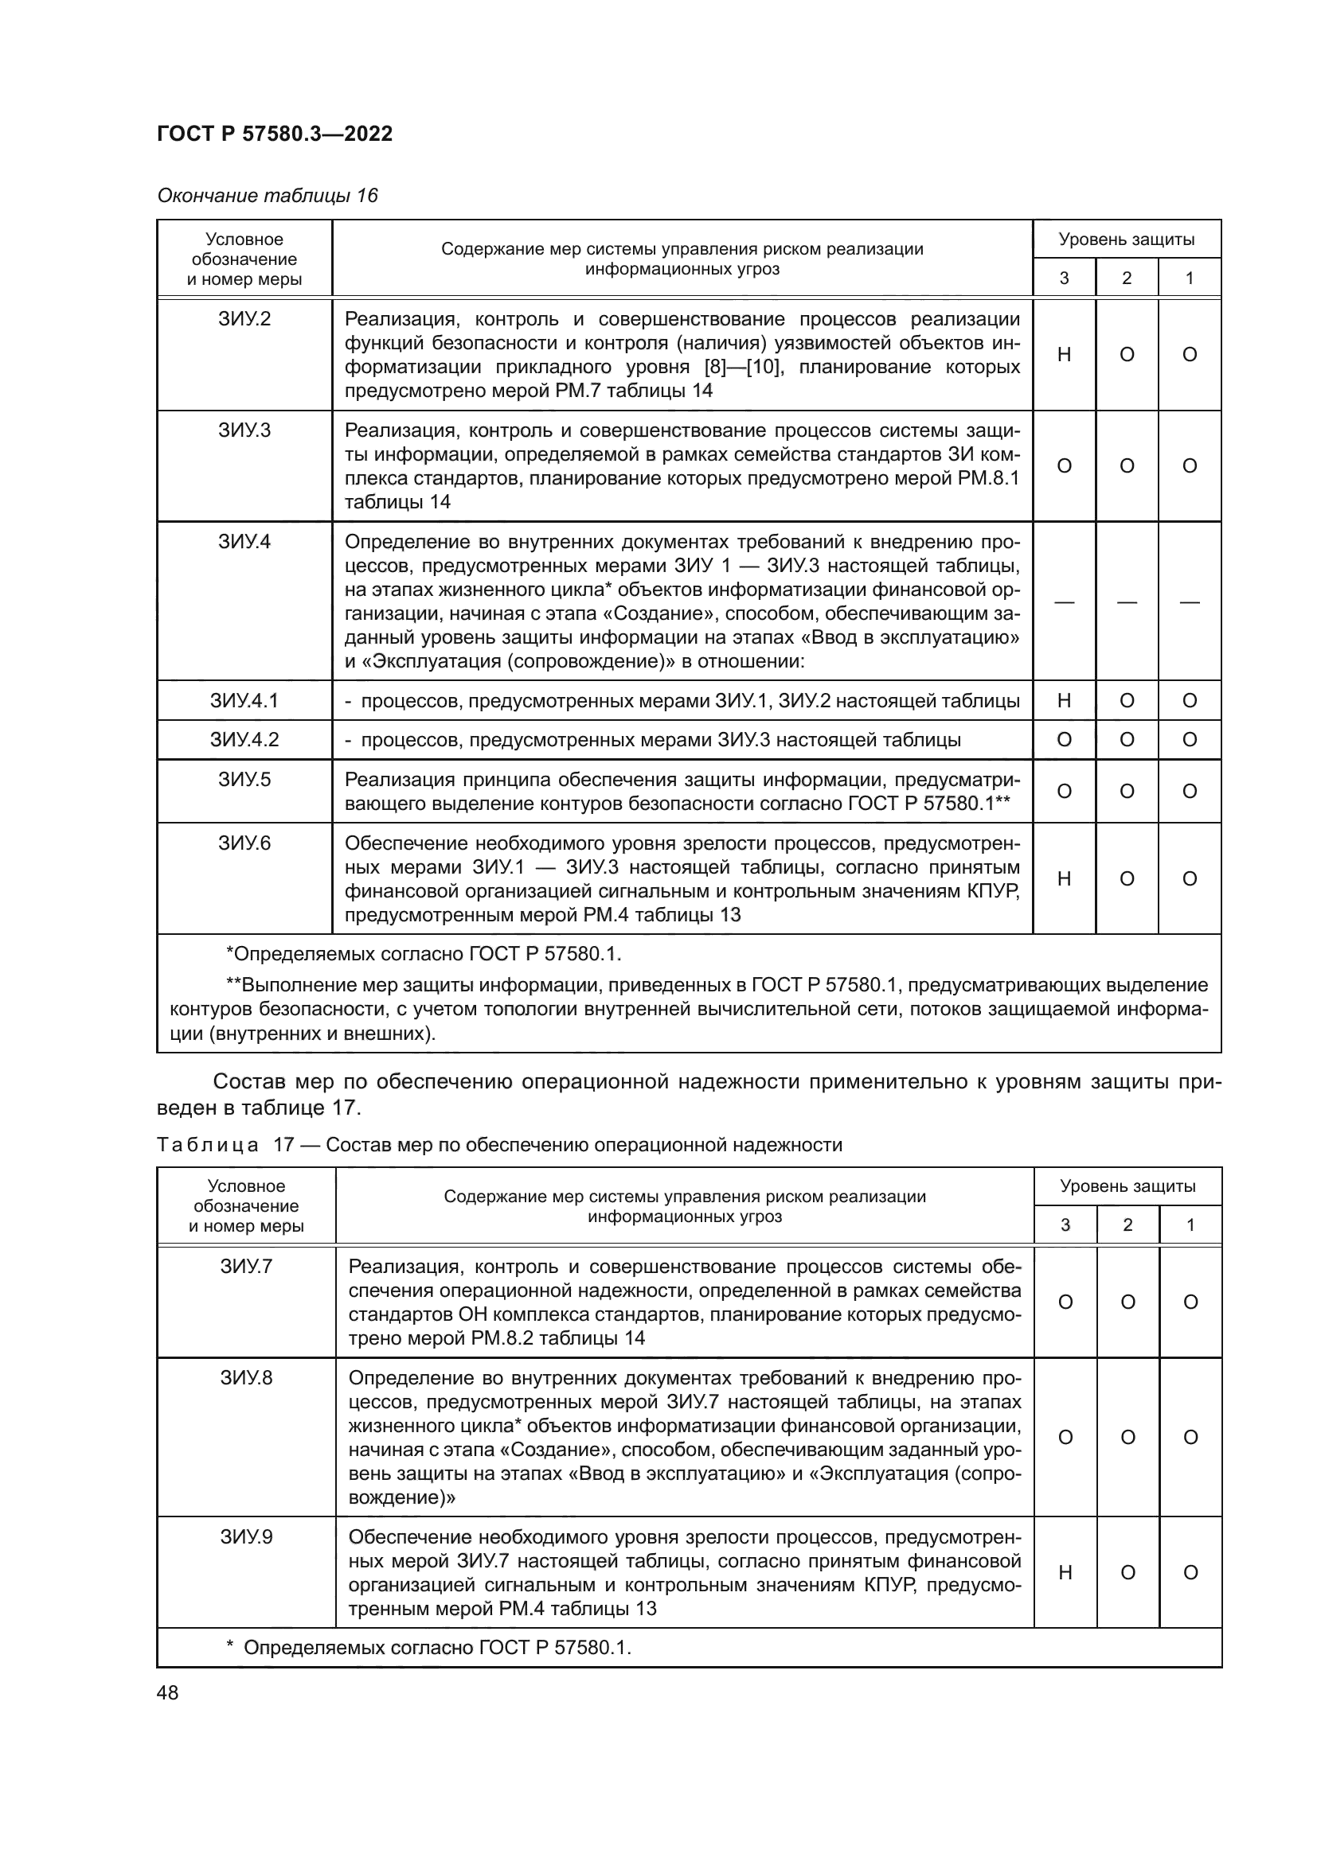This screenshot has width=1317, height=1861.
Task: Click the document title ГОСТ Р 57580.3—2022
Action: pyautogui.click(x=275, y=134)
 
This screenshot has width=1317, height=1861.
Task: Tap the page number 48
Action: pyautogui.click(x=168, y=1692)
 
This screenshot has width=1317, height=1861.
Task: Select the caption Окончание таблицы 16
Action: pyautogui.click(x=268, y=196)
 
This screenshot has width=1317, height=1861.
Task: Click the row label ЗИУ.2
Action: pyautogui.click(x=244, y=318)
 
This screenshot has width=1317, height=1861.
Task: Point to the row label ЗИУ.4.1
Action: pyautogui.click(x=244, y=700)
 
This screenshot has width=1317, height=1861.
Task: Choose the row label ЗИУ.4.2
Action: pyautogui.click(x=244, y=739)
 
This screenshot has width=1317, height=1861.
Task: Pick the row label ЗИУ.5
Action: pyautogui.click(x=244, y=780)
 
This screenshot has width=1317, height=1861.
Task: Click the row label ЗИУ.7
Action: pyautogui.click(x=247, y=1266)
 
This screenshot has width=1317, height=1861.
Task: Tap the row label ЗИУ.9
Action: pyautogui.click(x=247, y=1537)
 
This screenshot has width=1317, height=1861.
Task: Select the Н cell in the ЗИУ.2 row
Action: pyautogui.click(x=1065, y=354)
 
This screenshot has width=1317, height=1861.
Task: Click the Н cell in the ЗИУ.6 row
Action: pyautogui.click(x=1065, y=878)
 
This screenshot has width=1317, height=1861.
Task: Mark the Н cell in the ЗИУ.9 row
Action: pyautogui.click(x=1065, y=1572)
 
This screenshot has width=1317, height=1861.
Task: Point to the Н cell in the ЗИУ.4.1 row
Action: pyautogui.click(x=1065, y=700)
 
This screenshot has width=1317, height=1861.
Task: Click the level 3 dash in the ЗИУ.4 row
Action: pyautogui.click(x=1065, y=602)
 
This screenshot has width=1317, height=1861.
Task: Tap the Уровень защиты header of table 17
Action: pyautogui.click(x=1127, y=1186)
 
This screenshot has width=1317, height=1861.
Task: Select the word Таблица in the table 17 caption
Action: pyautogui.click(x=208, y=1144)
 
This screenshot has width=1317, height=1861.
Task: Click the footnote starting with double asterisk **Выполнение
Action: pyautogui.click(x=690, y=1008)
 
